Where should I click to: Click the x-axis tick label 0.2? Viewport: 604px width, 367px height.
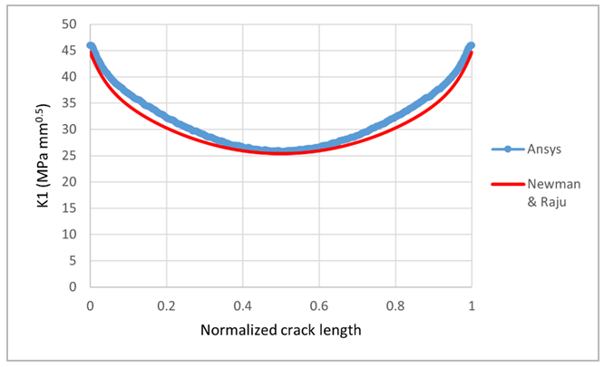[166, 305]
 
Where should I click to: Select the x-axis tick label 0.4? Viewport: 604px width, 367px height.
[242, 305]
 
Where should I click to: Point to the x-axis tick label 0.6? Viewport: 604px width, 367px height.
[318, 305]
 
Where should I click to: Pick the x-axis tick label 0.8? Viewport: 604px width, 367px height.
[395, 305]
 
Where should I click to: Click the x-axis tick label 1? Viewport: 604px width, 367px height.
[471, 305]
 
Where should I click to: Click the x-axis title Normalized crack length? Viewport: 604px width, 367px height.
[280, 330]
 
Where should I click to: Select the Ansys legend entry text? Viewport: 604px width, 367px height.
[544, 150]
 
